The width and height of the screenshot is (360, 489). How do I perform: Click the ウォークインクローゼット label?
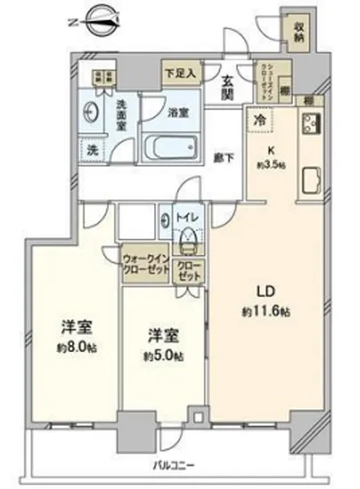click(146, 264)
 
